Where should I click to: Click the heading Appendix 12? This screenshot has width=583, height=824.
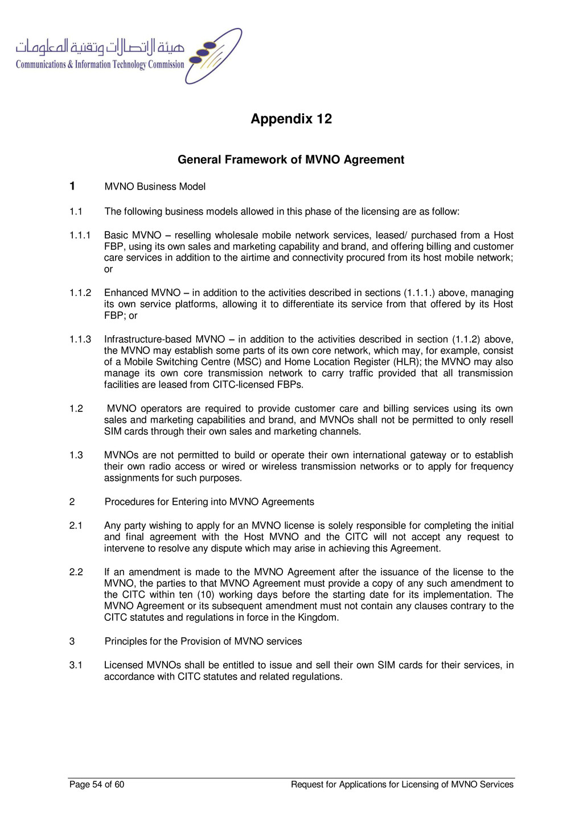pyautogui.click(x=291, y=119)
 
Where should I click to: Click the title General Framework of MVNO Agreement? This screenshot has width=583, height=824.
pyautogui.click(x=291, y=160)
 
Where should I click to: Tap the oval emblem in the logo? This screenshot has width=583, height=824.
pyautogui.click(x=214, y=56)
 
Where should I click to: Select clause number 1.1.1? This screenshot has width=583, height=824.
pyautogui.click(x=80, y=236)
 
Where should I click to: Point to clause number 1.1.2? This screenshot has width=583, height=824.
pyautogui.click(x=80, y=293)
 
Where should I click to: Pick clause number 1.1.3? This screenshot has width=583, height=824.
pyautogui.click(x=80, y=340)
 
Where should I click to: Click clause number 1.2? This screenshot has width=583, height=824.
pyautogui.click(x=76, y=409)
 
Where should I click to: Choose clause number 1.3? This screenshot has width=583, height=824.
pyautogui.click(x=76, y=455)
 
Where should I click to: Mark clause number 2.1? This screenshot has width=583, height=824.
pyautogui.click(x=76, y=526)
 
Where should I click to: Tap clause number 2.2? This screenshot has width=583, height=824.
pyautogui.click(x=76, y=572)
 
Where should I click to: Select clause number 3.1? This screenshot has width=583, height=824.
pyautogui.click(x=76, y=665)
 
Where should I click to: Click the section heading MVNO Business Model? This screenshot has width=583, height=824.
pyautogui.click(x=155, y=187)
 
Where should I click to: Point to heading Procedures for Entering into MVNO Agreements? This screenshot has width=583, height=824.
pyautogui.click(x=209, y=502)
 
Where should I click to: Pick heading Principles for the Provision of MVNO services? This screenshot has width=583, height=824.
pyautogui.click(x=203, y=642)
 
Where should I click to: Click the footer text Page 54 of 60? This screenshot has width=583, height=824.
pyautogui.click(x=97, y=785)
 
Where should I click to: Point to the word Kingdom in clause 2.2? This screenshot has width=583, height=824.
pyautogui.click(x=319, y=618)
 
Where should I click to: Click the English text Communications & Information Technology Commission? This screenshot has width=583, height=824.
pyautogui.click(x=100, y=65)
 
